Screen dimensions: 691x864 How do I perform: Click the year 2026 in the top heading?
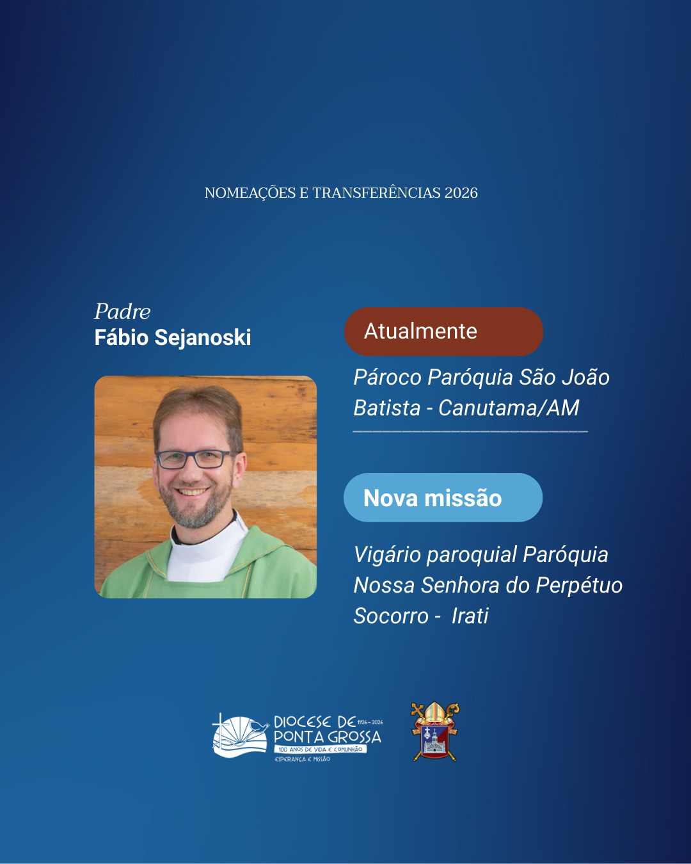(461, 193)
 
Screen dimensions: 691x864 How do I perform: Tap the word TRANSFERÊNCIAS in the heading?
(376, 193)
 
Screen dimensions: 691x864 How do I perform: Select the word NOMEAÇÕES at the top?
(250, 193)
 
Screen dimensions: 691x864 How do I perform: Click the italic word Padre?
(122, 312)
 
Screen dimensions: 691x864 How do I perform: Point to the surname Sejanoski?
(203, 337)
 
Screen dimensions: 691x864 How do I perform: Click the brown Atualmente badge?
(443, 332)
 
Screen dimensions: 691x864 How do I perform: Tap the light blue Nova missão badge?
(443, 498)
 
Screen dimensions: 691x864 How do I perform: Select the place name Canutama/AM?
(509, 408)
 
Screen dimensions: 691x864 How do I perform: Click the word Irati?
(470, 616)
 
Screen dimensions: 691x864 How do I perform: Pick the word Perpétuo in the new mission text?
(579, 586)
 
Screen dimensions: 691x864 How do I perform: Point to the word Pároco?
(388, 378)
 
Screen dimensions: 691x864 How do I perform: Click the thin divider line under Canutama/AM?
(470, 431)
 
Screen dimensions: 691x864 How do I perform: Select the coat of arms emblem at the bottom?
(435, 732)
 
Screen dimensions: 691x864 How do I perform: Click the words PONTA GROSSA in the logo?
(327, 737)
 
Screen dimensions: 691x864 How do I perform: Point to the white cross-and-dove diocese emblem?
(240, 735)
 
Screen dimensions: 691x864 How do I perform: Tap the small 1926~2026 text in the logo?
(370, 723)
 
